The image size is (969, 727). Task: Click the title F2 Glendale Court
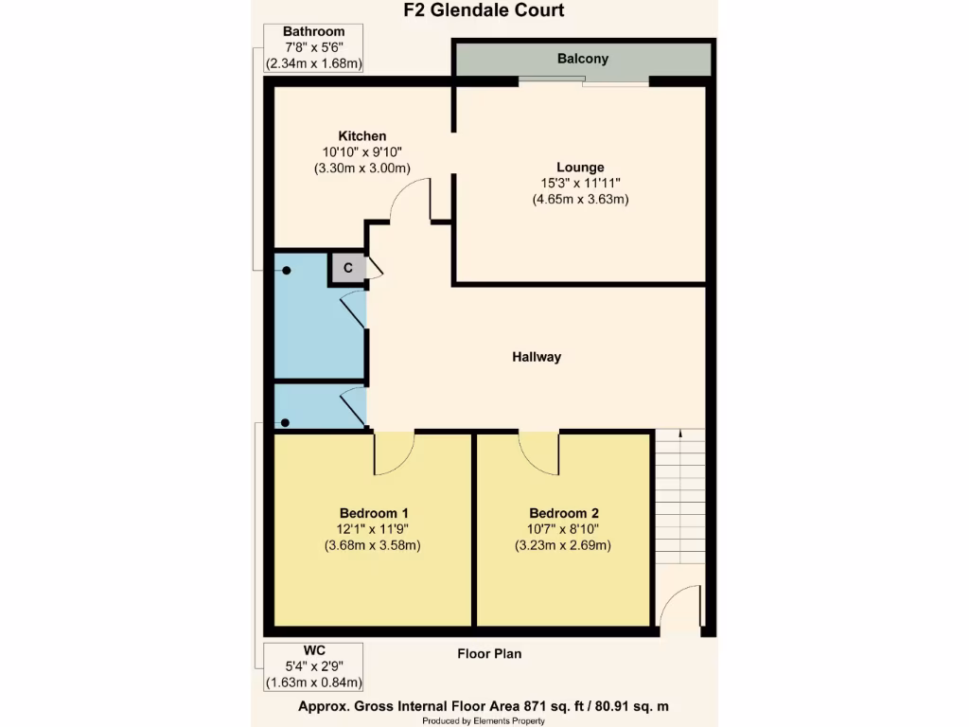pyautogui.click(x=484, y=11)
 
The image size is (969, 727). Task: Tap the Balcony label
pyautogui.click(x=582, y=59)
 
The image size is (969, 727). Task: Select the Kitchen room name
pyautogui.click(x=362, y=136)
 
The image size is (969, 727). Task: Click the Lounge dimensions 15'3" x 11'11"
pyautogui.click(x=580, y=184)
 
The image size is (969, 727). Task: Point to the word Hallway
pyautogui.click(x=537, y=357)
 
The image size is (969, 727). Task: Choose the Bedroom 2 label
pyautogui.click(x=562, y=513)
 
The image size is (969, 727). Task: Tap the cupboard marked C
pyautogui.click(x=347, y=268)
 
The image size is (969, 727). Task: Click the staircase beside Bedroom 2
pyautogui.click(x=680, y=497)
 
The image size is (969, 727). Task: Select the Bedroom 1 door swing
pyautogui.click(x=394, y=452)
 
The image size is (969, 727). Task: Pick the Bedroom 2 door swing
pyautogui.click(x=538, y=452)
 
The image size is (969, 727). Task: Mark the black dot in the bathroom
pyautogui.click(x=286, y=271)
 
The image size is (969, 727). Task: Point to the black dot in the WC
pyautogui.click(x=286, y=422)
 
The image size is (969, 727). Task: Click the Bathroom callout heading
pyautogui.click(x=314, y=32)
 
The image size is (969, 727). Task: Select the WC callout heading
pyautogui.click(x=314, y=649)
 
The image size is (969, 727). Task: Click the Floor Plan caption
pyautogui.click(x=488, y=653)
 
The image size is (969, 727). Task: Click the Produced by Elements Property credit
pyautogui.click(x=484, y=720)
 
